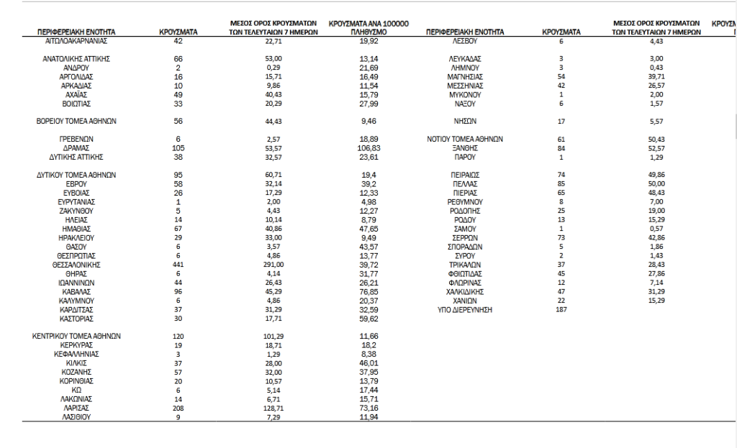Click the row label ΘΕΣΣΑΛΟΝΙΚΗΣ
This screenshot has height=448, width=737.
coord(76,265)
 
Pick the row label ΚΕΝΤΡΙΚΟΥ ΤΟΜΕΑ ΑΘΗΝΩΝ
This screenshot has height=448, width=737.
coord(76,336)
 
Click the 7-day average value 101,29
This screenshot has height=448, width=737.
coord(266,336)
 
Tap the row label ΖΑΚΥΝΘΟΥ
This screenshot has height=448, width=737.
coord(76,211)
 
